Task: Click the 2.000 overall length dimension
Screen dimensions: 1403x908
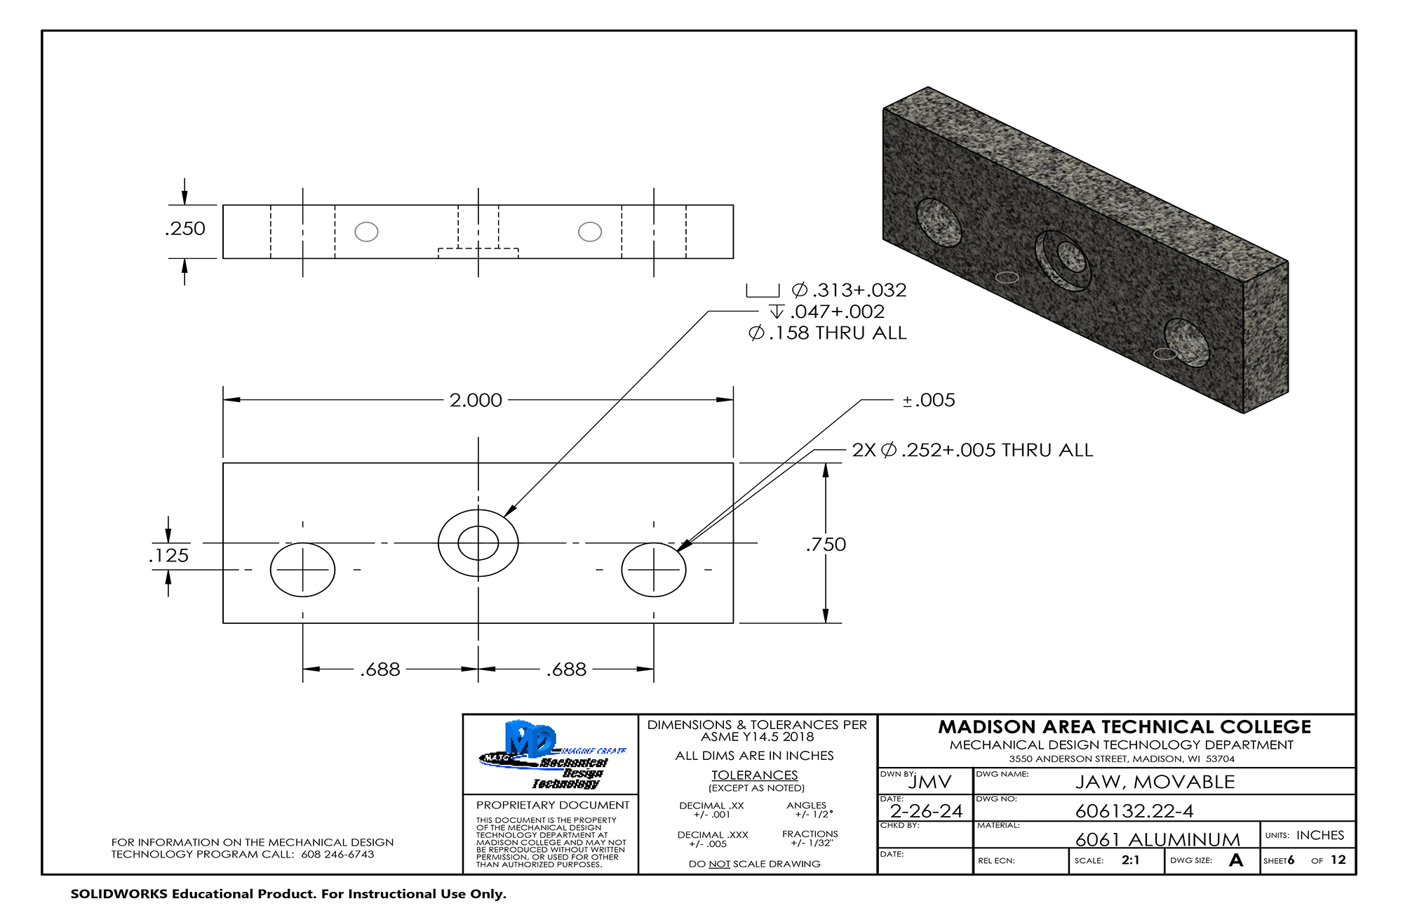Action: click(476, 400)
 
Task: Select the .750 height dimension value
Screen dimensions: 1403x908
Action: click(826, 545)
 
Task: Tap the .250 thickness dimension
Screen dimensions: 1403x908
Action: click(186, 229)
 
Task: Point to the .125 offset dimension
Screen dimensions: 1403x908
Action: click(169, 556)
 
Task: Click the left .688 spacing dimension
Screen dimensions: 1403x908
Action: click(380, 669)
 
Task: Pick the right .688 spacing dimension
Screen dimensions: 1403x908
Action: click(566, 669)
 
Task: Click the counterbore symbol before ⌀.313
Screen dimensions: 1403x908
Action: click(763, 291)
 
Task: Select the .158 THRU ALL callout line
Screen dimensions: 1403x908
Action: click(828, 333)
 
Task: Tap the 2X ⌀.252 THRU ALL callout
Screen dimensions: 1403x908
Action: click(972, 450)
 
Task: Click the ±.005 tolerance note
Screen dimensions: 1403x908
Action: click(929, 400)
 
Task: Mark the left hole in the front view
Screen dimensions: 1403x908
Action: click(302, 570)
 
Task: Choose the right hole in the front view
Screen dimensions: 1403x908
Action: click(654, 570)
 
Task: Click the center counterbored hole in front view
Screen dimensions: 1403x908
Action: click(478, 543)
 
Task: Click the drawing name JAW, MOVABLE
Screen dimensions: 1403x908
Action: click(1155, 782)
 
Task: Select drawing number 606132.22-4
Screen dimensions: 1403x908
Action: click(1134, 811)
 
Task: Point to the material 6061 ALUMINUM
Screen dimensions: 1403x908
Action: click(1157, 839)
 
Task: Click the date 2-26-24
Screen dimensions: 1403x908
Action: click(926, 811)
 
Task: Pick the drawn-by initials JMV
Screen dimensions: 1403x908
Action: click(930, 782)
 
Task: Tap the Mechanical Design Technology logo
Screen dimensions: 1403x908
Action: click(551, 754)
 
